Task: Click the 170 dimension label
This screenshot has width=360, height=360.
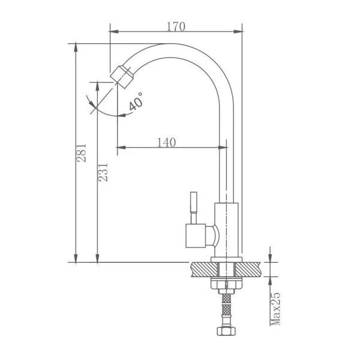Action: point(176,26)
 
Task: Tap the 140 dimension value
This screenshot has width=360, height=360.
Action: point(167,142)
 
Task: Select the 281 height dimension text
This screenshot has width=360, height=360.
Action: point(82,153)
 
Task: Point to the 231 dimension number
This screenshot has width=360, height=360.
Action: point(103,172)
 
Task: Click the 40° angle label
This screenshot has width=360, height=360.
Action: point(136,101)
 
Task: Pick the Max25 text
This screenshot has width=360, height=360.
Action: point(275,309)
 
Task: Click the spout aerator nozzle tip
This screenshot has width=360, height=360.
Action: point(122,77)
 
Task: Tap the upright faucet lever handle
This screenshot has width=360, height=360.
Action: point(194,208)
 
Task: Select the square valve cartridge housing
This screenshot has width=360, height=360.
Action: point(196,236)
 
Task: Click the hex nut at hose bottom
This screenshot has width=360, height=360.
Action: point(226,331)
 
